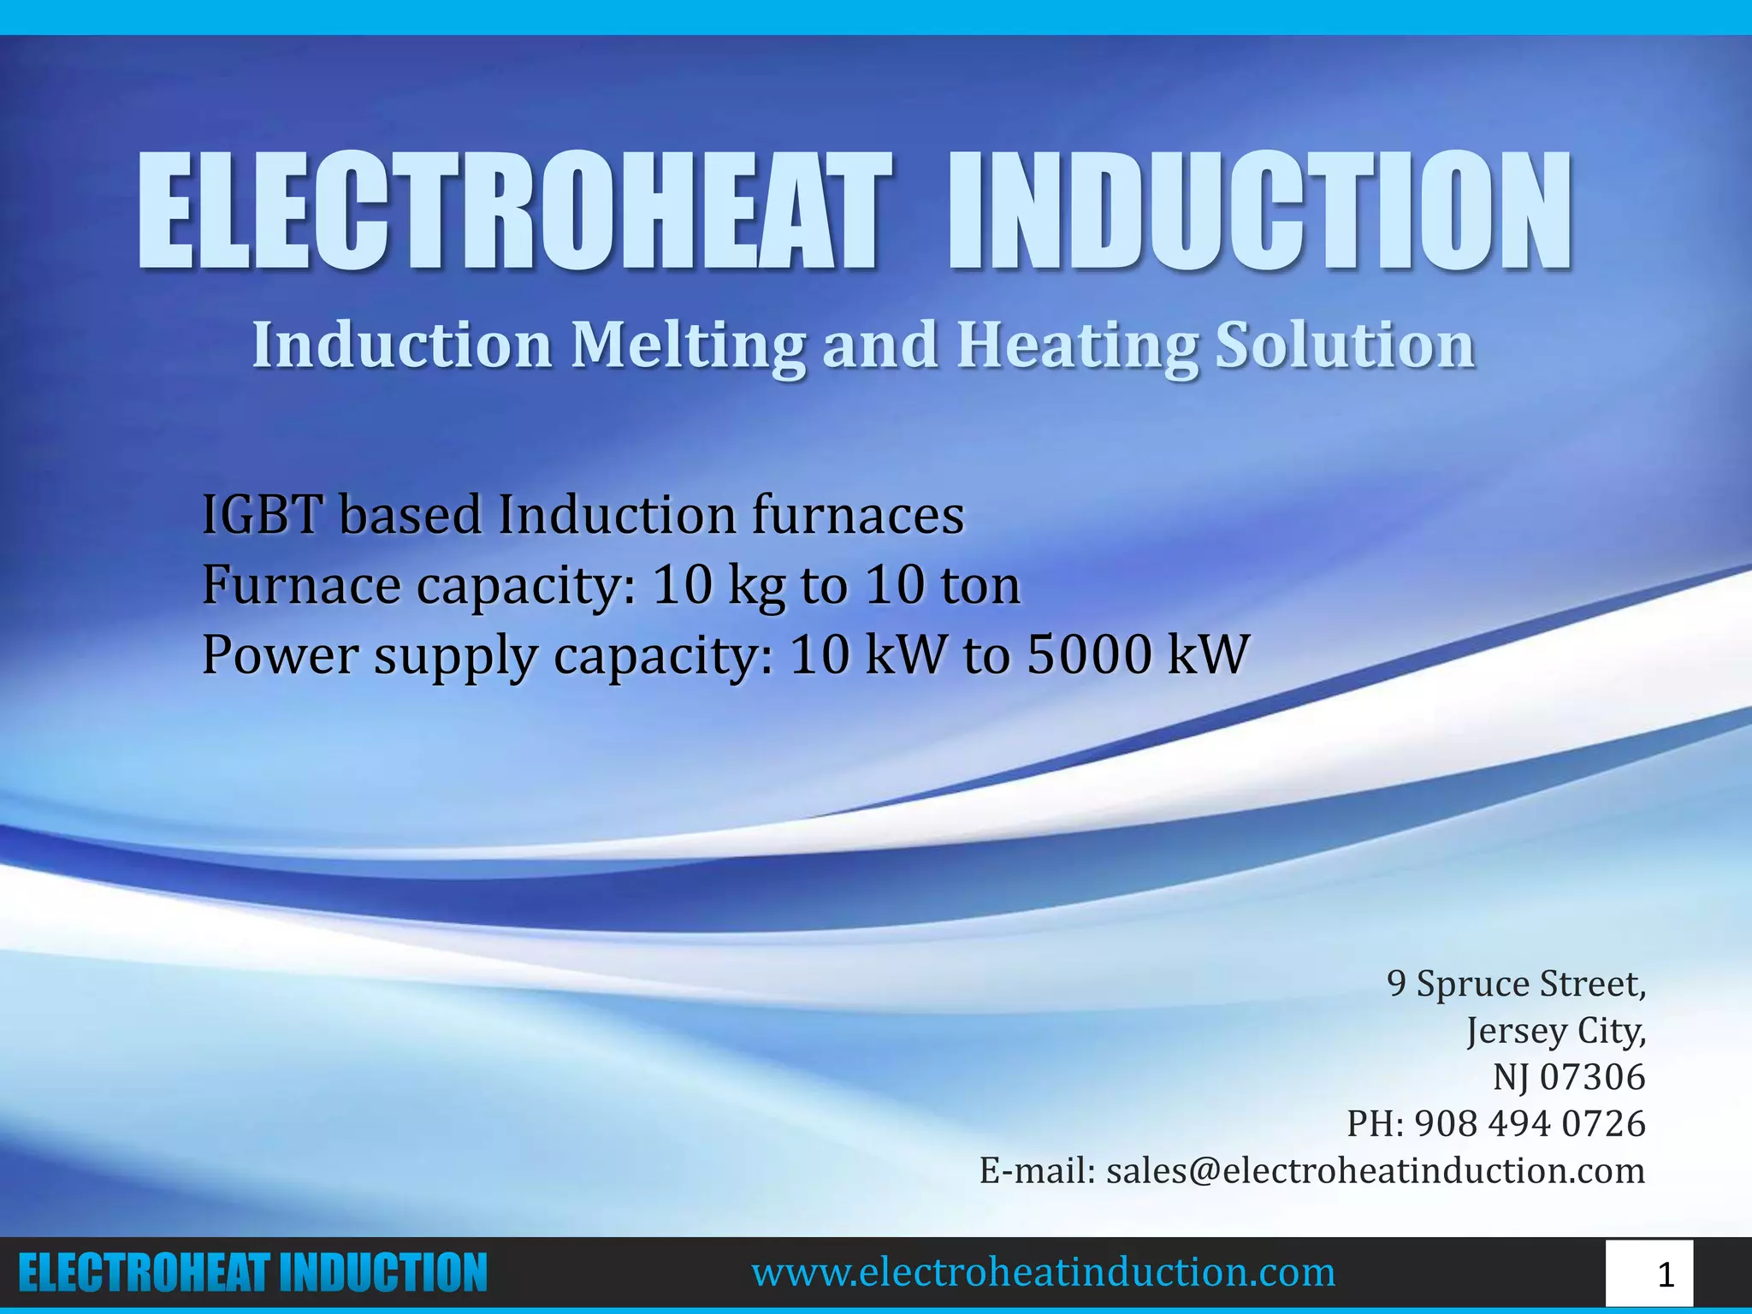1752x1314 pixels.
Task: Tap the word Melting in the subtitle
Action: coord(688,346)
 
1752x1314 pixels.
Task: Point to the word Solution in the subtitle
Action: coord(1345,346)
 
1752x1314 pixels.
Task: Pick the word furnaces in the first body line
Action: coord(858,516)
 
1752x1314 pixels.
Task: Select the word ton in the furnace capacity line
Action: coord(980,586)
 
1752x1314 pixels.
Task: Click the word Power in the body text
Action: coord(280,655)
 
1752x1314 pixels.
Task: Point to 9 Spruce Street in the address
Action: coord(1516,984)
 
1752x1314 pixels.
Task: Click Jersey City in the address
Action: coord(1555,1030)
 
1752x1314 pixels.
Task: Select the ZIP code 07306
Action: coord(1592,1077)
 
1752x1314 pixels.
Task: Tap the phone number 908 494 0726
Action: coord(1530,1123)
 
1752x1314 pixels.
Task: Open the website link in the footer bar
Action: coord(1043,1273)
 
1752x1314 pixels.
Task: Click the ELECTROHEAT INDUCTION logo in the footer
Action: coord(252,1273)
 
